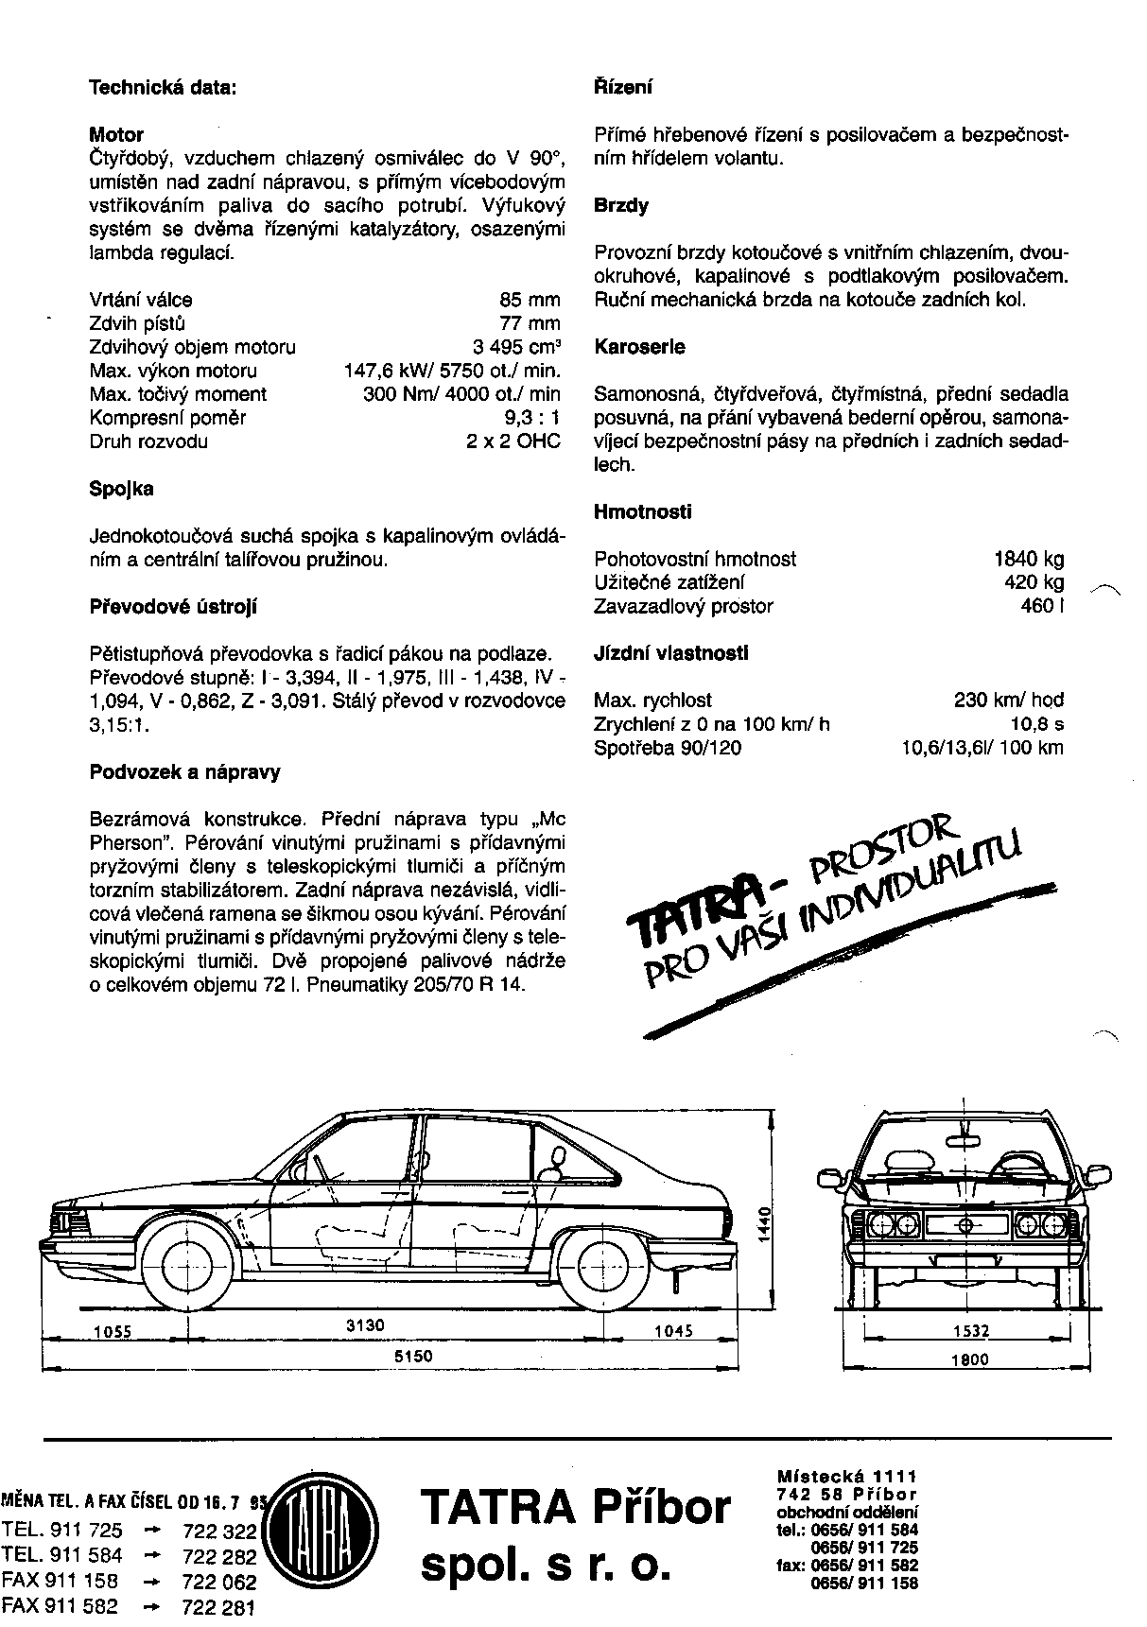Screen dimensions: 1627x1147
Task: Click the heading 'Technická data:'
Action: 162,87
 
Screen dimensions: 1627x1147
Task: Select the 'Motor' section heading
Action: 116,134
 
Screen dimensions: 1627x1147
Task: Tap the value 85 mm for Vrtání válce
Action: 530,300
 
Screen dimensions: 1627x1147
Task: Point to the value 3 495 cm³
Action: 516,347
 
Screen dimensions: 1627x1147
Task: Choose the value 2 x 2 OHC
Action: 513,441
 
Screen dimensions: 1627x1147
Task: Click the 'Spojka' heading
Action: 121,489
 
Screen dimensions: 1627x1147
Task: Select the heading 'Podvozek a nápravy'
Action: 184,771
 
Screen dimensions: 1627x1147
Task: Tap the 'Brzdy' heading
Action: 621,205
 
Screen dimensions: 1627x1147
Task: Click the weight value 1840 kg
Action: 1029,559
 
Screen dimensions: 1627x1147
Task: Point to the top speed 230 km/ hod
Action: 1009,701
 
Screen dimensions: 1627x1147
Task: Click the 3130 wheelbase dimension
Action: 365,1325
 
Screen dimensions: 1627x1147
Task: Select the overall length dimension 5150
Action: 413,1356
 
